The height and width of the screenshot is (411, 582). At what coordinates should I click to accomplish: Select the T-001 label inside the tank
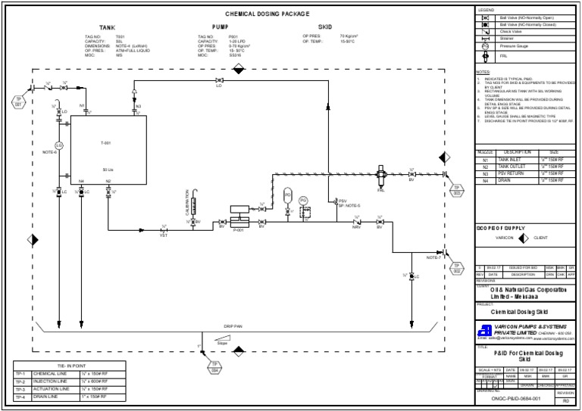[105, 143]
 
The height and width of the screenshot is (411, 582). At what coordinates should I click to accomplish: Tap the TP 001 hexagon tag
[19, 101]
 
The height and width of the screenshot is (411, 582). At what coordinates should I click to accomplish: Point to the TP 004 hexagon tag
[214, 369]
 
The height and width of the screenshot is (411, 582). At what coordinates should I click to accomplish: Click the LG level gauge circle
[58, 145]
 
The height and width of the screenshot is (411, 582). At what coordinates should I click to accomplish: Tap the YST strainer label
[163, 235]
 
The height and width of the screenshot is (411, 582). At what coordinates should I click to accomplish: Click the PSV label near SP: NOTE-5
[343, 201]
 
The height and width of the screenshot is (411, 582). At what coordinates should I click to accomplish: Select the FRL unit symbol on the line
[381, 176]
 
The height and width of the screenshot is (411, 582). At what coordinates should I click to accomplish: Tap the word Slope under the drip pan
[222, 344]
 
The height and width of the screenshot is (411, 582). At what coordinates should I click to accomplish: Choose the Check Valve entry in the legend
[512, 31]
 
